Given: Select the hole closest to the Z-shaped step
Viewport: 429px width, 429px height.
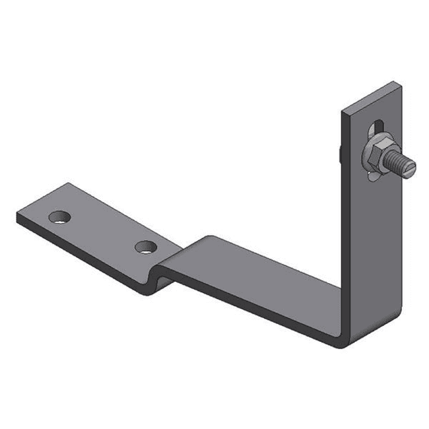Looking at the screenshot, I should [x=145, y=247].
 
